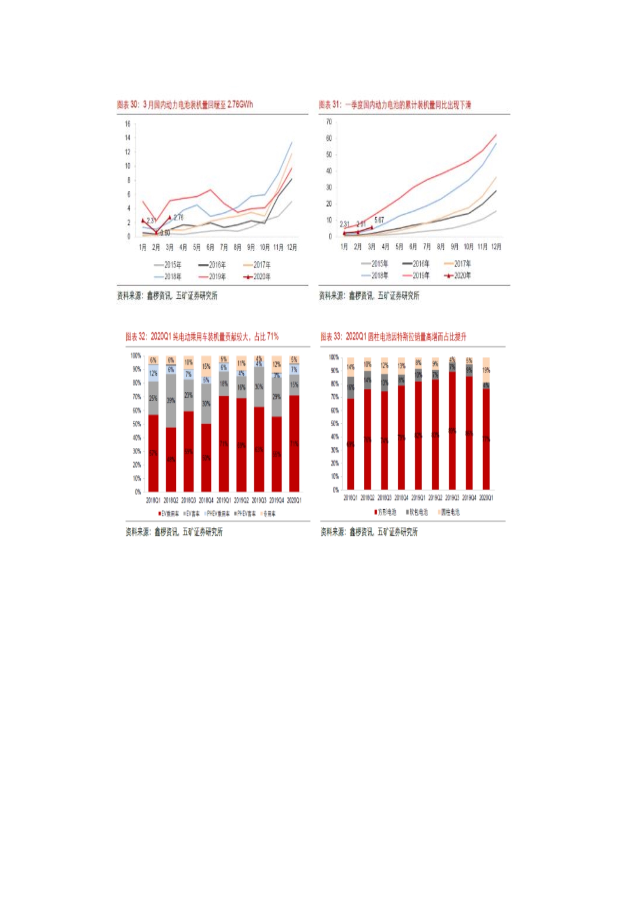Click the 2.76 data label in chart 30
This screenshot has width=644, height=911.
point(178,217)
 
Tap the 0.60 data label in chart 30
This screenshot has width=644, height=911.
point(165,233)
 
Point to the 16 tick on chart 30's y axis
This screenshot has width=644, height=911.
point(127,124)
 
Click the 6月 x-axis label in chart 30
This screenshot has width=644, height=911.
point(210,247)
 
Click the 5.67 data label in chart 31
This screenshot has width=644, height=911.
point(379,220)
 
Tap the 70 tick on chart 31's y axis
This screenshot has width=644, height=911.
point(328,122)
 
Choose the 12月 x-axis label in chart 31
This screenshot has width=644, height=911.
point(496,247)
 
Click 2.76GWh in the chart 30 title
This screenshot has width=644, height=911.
point(240,105)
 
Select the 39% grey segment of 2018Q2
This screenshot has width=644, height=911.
point(171,400)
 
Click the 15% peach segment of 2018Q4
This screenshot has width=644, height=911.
point(206,367)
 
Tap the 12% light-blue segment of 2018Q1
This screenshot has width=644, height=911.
point(154,373)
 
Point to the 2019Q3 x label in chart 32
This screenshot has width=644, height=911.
point(259,500)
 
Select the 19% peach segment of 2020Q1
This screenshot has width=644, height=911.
point(486,370)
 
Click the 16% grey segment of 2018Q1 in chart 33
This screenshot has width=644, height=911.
point(350,387)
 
